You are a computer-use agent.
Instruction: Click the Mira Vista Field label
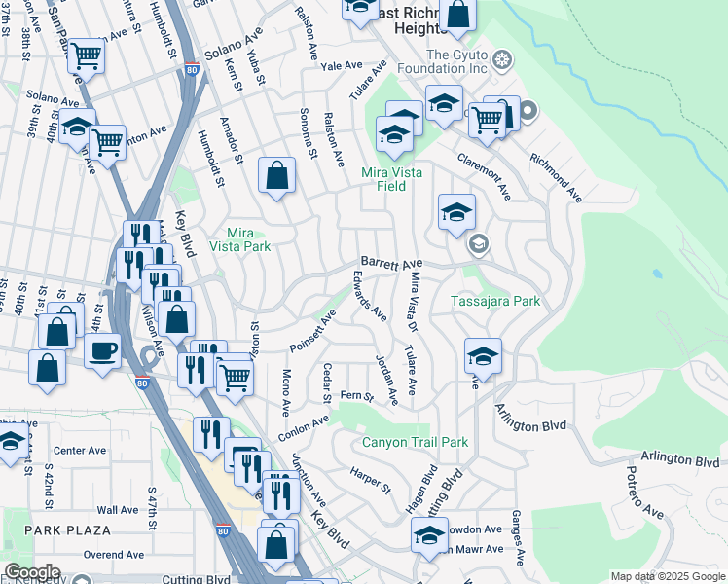click(396, 177)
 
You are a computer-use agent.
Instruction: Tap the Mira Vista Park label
click(239, 239)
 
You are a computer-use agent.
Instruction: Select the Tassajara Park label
click(495, 302)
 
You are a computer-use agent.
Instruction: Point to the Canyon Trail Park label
click(415, 442)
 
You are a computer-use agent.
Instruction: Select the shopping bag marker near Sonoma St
click(277, 176)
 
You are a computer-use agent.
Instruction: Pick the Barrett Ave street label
click(391, 264)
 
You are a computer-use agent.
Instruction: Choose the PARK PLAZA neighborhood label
click(67, 529)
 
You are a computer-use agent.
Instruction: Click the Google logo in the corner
click(32, 572)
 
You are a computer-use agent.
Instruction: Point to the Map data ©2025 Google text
click(667, 576)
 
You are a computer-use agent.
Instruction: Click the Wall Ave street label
click(117, 509)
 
